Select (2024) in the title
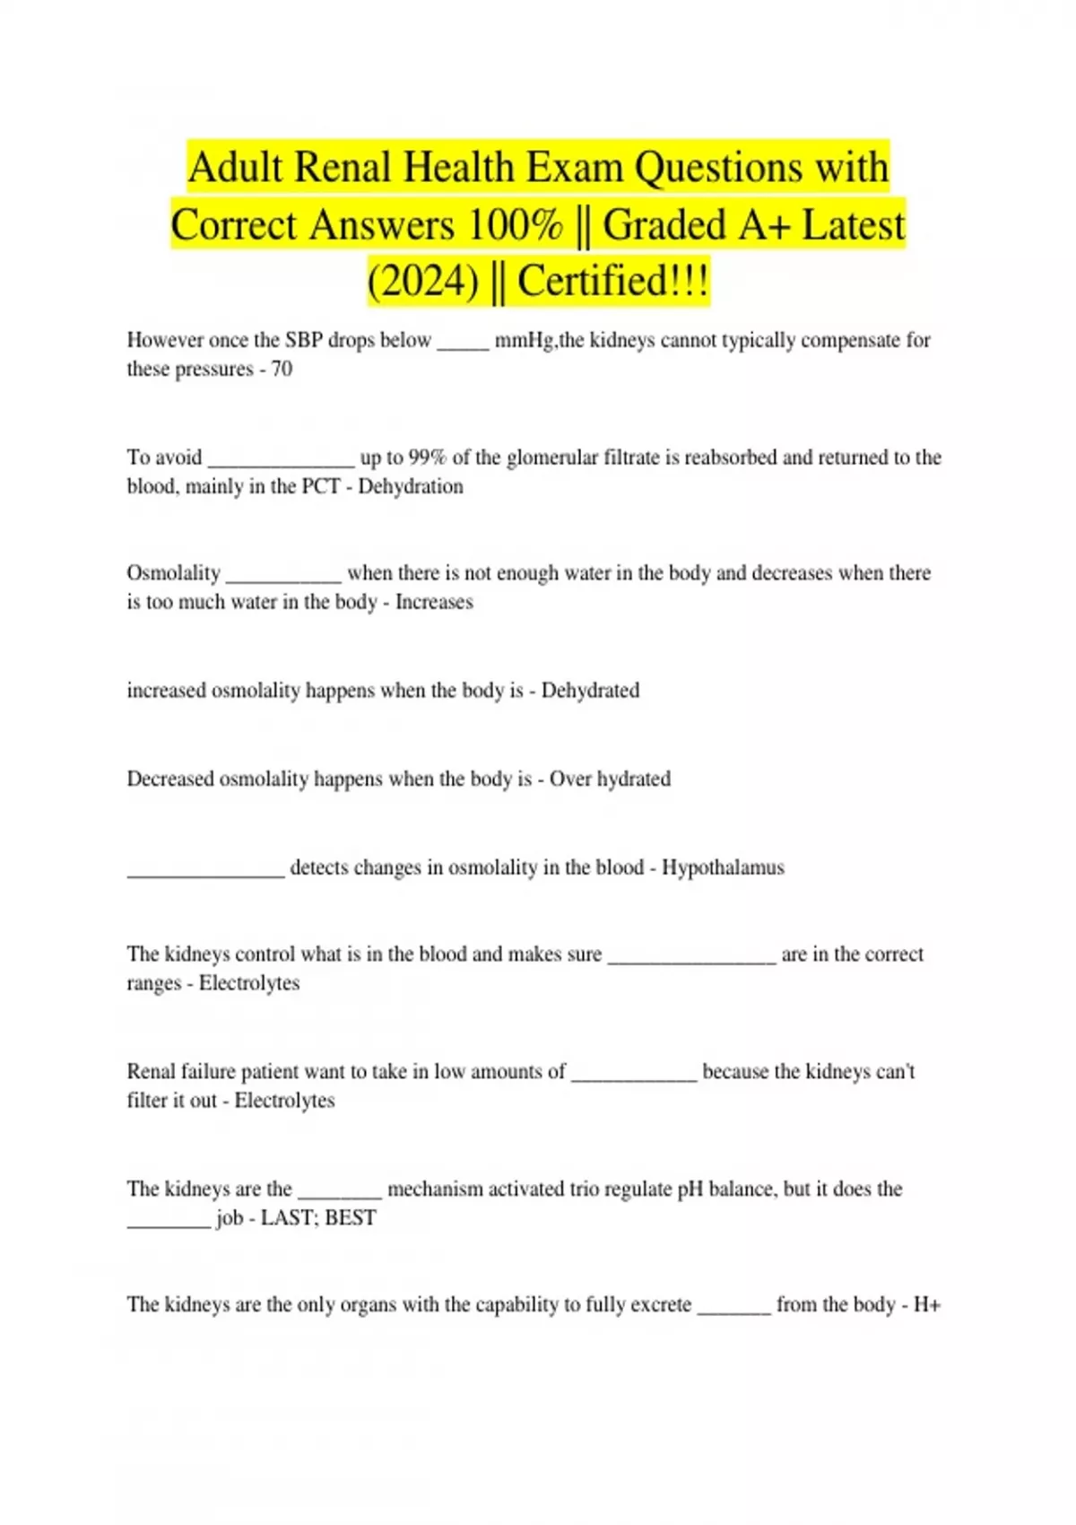[422, 282]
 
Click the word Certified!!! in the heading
[613, 282]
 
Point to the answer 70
[282, 370]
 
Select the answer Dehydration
[411, 487]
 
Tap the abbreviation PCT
[321, 487]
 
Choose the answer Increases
[434, 602]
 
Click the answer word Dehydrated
[590, 691]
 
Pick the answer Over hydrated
[610, 779]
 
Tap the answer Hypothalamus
[723, 867]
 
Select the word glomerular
[551, 457]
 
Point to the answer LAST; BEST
[318, 1218]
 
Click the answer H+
[926, 1305]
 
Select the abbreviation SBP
[304, 341]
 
